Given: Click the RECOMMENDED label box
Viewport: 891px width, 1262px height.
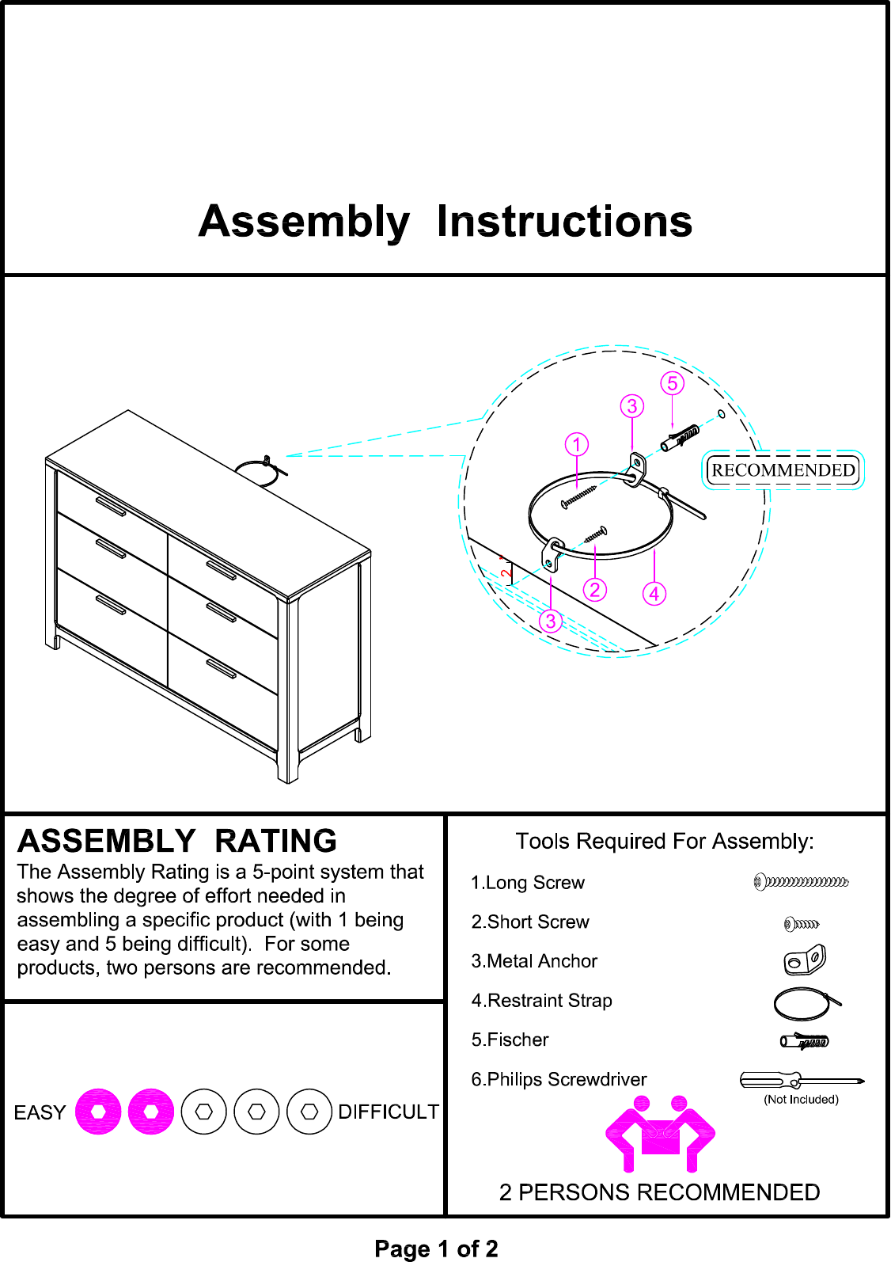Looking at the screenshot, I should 783,470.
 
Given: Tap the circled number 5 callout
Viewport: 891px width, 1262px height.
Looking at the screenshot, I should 672,383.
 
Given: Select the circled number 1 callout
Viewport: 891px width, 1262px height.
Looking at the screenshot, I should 577,444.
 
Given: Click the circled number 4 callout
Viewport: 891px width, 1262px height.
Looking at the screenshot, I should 654,594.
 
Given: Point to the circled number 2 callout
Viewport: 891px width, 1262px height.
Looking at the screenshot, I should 595,590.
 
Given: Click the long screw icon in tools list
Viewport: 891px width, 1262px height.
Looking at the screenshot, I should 801,881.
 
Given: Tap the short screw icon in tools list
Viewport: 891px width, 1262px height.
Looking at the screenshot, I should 801,923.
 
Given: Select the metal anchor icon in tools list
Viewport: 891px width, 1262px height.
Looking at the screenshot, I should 804,960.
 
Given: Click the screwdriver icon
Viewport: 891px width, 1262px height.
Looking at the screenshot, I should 801,1080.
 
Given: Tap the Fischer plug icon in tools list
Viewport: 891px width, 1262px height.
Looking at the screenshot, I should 804,1041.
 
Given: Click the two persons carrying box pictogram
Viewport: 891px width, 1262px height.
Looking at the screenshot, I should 660,1134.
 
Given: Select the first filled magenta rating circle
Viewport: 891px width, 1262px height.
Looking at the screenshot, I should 98,1112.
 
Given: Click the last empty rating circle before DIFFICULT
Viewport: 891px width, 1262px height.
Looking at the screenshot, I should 309,1112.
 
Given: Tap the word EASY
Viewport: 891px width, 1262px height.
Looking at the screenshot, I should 40,1112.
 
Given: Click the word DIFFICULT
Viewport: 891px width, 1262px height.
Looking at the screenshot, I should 388,1112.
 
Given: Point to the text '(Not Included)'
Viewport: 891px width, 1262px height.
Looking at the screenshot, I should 801,1099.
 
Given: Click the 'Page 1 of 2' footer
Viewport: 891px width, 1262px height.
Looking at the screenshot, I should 436,1249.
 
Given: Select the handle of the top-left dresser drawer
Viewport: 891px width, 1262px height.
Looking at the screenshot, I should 110,506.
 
